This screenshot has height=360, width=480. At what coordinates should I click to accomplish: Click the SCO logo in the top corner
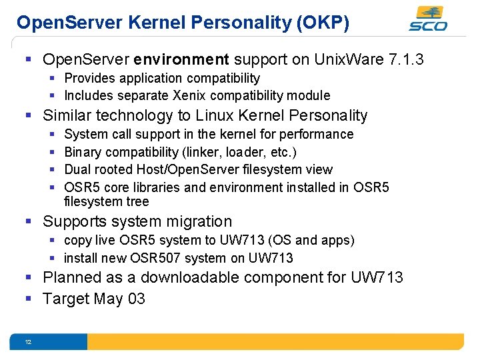tap(428, 19)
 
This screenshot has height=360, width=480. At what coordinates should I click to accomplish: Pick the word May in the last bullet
tap(109, 299)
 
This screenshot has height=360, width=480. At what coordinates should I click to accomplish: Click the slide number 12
tap(28, 342)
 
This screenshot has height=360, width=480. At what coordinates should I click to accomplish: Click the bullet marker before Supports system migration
tap(28, 221)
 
